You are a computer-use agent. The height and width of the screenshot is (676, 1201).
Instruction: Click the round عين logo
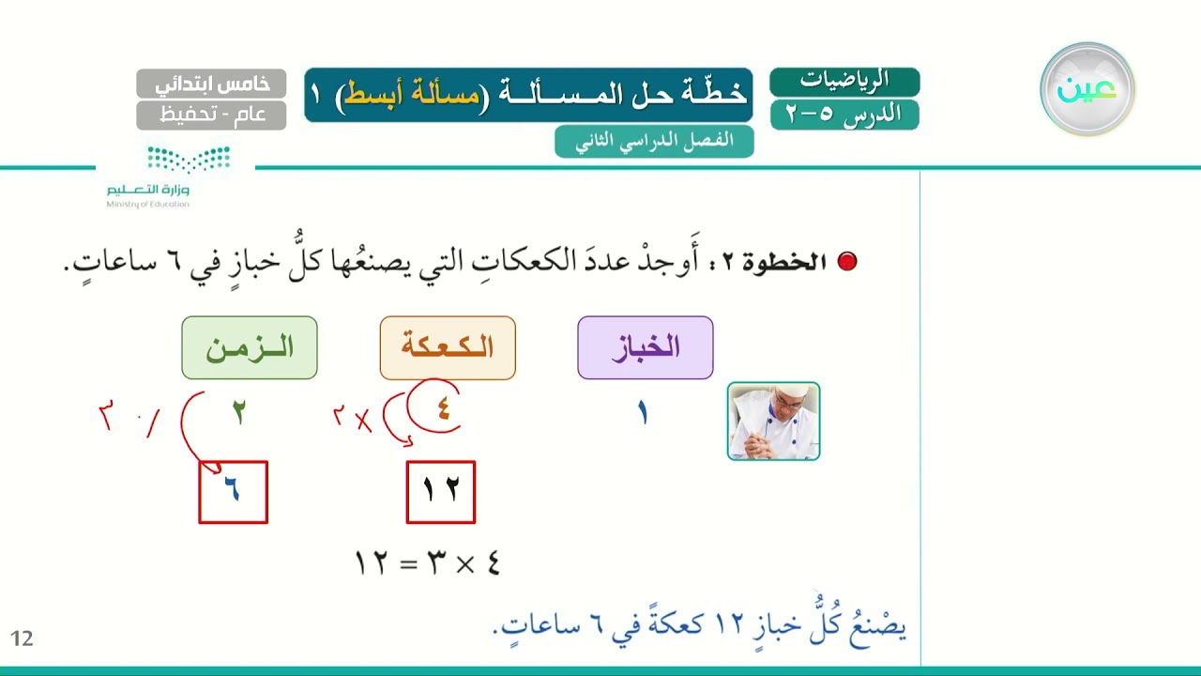(1087, 89)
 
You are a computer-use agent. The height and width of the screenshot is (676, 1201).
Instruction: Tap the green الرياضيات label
(844, 81)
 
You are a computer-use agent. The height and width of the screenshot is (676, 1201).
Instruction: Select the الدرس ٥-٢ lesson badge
(844, 115)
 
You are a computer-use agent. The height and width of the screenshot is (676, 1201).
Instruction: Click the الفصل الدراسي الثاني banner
(654, 142)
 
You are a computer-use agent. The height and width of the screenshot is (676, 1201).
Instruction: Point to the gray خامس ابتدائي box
(211, 84)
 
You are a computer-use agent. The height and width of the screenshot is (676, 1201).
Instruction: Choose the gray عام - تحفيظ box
(211, 115)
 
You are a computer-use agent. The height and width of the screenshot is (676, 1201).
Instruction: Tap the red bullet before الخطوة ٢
(846, 261)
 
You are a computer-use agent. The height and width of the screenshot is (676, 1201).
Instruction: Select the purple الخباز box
(645, 347)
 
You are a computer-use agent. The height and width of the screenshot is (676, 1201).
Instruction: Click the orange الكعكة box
(448, 347)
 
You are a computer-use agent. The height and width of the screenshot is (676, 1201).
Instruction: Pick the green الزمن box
(250, 347)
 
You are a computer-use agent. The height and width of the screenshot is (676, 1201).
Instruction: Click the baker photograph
(774, 422)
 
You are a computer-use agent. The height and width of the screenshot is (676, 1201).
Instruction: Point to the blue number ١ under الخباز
(643, 414)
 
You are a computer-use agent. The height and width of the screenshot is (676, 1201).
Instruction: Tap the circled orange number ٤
(443, 410)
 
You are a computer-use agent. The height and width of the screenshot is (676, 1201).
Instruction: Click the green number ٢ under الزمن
(239, 412)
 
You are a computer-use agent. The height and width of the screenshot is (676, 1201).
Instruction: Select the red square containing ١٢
(441, 492)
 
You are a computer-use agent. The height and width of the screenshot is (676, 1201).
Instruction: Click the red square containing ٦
(234, 492)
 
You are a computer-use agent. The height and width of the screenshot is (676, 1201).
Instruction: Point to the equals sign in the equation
(408, 564)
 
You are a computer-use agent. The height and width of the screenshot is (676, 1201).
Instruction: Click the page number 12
(22, 638)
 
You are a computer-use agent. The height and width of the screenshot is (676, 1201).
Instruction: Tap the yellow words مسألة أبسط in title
(412, 93)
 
